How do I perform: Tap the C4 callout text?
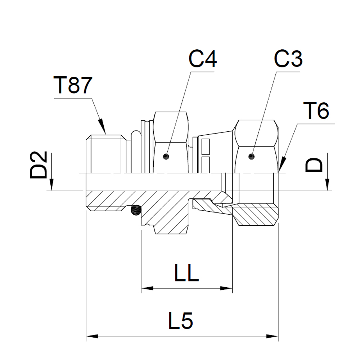(x=203, y=59)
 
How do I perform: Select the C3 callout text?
(x=288, y=59)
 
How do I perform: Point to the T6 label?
(x=316, y=112)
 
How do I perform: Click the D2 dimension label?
(x=39, y=165)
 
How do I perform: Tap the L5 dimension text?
(x=181, y=321)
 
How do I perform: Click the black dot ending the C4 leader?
(x=166, y=156)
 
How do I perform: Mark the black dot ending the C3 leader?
(x=252, y=156)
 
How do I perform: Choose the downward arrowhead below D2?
(x=52, y=185)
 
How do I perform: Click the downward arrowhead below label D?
(x=328, y=185)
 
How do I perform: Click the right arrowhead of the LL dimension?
(x=228, y=288)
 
